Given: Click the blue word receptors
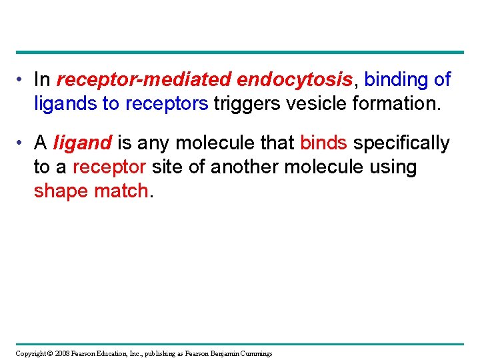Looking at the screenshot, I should click(167, 103).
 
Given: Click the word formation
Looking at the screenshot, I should click(397, 103).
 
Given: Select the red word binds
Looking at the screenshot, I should click(324, 143).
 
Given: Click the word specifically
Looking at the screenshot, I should click(401, 143).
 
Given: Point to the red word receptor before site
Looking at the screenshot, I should click(109, 167).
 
